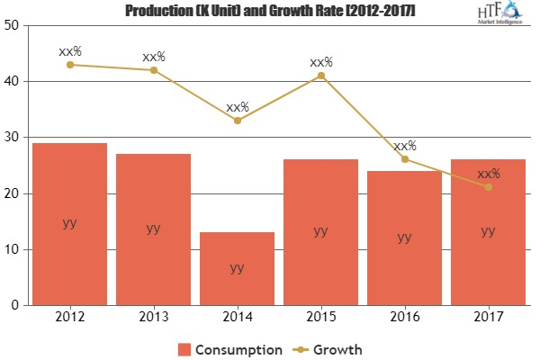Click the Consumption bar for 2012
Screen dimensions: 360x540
tap(69, 224)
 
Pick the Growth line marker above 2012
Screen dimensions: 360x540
tap(69, 64)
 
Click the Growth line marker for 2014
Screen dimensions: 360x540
tap(237, 120)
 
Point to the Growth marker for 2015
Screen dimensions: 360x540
tap(320, 76)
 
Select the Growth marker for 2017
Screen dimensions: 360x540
tap(488, 187)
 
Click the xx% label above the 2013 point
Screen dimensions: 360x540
tap(153, 57)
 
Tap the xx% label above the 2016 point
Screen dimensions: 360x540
tap(404, 145)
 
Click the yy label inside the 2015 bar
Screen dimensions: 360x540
tap(320, 230)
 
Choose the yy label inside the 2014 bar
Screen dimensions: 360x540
tap(237, 267)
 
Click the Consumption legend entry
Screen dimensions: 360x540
tap(229, 347)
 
